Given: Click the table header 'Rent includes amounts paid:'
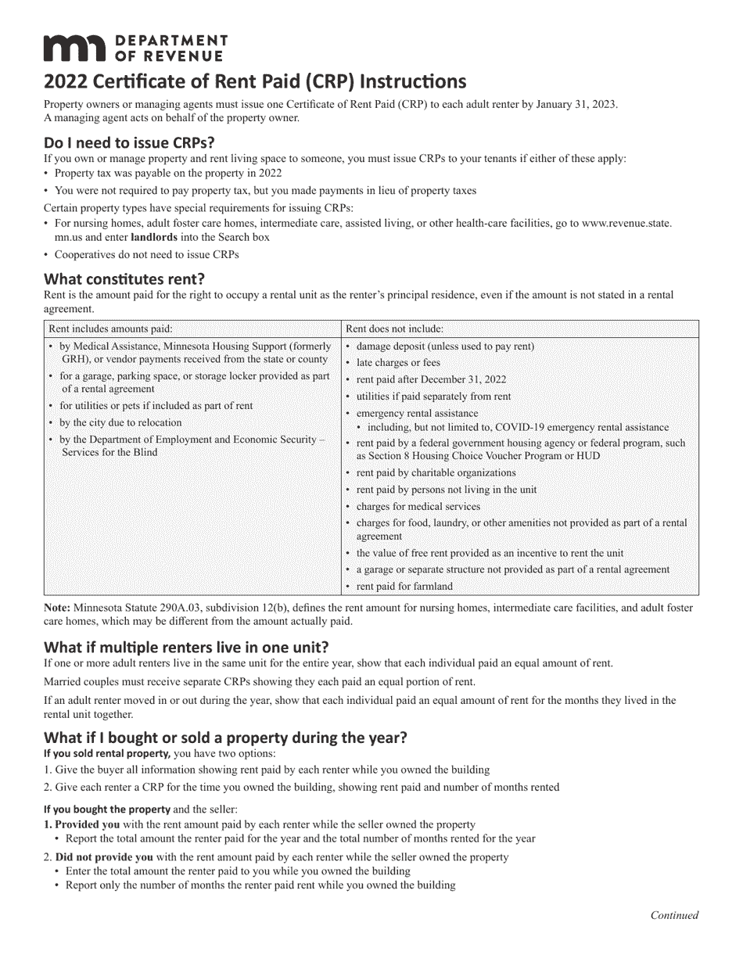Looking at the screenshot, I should pyautogui.click(x=110, y=329).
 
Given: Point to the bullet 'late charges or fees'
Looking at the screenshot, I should pyautogui.click(x=398, y=363).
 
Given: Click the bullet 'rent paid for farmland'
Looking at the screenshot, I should pyautogui.click(x=404, y=586).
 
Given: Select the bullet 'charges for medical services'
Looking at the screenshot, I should pyautogui.click(x=418, y=507).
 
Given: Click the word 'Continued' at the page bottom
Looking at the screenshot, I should pyautogui.click(x=674, y=915).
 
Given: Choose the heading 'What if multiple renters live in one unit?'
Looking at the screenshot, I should pyautogui.click(x=186, y=648).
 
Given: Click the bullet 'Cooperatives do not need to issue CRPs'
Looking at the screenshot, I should pyautogui.click(x=146, y=254).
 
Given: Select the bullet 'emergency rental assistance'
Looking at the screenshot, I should pyautogui.click(x=417, y=413).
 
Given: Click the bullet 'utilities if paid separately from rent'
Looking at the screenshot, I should pyautogui.click(x=433, y=397).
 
